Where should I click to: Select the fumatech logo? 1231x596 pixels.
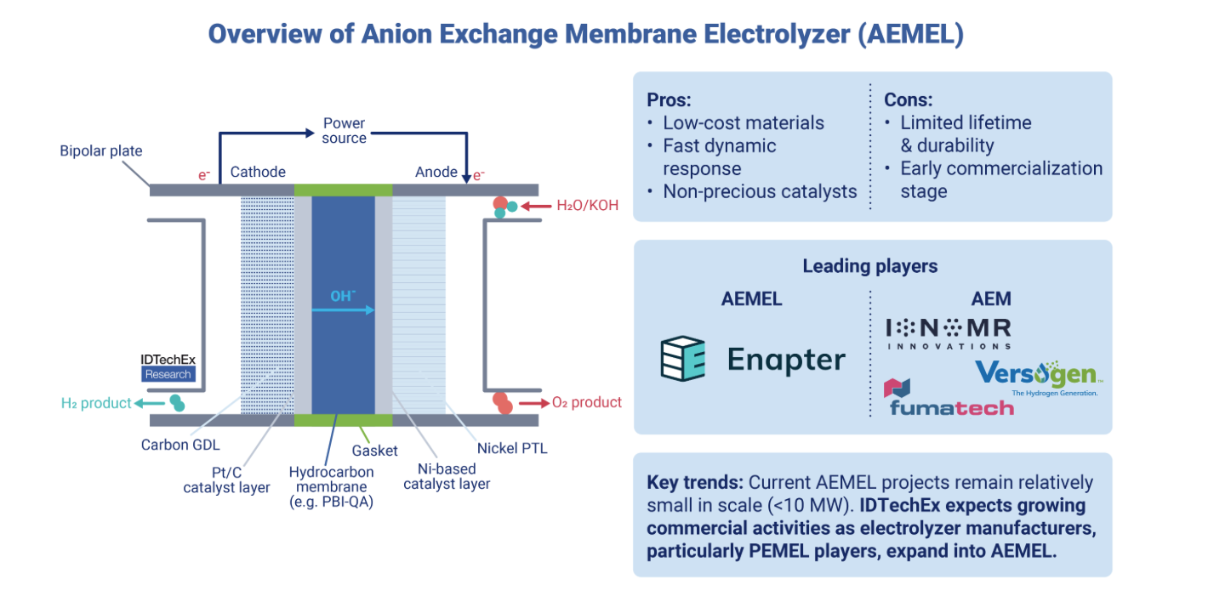pos(949,397)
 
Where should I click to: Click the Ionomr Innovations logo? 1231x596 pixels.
pos(949,334)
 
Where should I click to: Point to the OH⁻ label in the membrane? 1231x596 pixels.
pos(343,296)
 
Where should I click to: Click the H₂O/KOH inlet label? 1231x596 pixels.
pos(588,206)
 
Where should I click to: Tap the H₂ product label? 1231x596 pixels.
pos(96,403)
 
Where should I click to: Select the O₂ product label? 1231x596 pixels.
pos(587,402)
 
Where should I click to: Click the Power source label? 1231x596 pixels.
pos(344,130)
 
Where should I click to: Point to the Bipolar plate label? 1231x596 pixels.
pos(101,150)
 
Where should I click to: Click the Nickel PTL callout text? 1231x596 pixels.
pos(512,448)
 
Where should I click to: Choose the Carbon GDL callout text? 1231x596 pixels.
pos(180,445)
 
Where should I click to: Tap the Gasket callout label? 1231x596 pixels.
pos(374,451)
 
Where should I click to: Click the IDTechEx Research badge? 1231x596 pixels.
pos(168,367)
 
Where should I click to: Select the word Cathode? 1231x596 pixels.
pos(258,172)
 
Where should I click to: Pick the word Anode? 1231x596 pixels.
pos(436,172)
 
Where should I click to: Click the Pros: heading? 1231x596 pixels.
pos(669,100)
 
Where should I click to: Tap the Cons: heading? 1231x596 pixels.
pos(908,100)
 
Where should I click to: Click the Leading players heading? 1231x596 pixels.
pos(870,266)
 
